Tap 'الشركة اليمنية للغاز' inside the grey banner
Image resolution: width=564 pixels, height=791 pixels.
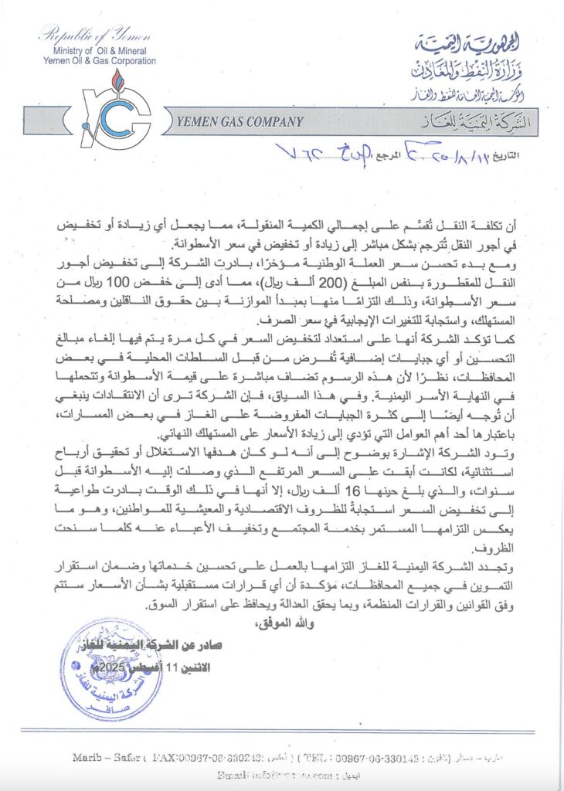pyautogui.click(x=461, y=122)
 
